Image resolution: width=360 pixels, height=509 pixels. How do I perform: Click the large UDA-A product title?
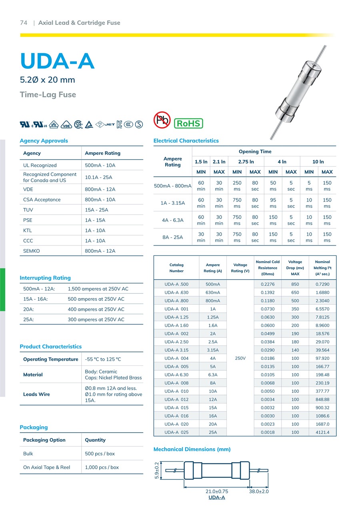pos(57,61)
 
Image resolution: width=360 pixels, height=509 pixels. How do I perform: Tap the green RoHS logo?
pos(188,123)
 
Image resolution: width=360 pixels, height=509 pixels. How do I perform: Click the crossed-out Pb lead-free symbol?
pos(162,120)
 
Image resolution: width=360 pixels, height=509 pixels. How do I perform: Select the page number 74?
pos(24,23)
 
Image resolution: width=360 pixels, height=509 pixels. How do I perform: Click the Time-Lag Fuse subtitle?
pos(48,95)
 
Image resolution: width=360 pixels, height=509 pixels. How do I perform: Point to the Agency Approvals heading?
pos(44,141)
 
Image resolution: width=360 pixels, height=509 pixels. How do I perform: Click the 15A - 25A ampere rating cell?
pos(96,210)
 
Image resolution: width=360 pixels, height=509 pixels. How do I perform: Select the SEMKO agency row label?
pos(32,251)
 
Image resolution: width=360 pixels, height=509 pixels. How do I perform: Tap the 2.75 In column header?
pos(246,162)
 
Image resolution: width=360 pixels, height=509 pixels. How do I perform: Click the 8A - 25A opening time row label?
pos(173,238)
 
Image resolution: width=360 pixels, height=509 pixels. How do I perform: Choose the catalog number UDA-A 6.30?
pos(176,375)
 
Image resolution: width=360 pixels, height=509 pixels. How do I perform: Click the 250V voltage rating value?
pos(240,358)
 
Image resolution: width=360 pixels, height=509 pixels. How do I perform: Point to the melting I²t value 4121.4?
pos(322,432)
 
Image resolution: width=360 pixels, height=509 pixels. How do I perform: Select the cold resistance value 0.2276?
pos(268,284)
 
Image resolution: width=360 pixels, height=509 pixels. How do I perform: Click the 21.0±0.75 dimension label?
pos(216,491)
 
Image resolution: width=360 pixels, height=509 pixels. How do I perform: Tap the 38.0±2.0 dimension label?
pos(259,491)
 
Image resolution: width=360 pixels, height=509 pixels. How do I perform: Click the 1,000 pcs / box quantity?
pos(102,467)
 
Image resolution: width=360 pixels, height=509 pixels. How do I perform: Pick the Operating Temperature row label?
pos(51,359)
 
